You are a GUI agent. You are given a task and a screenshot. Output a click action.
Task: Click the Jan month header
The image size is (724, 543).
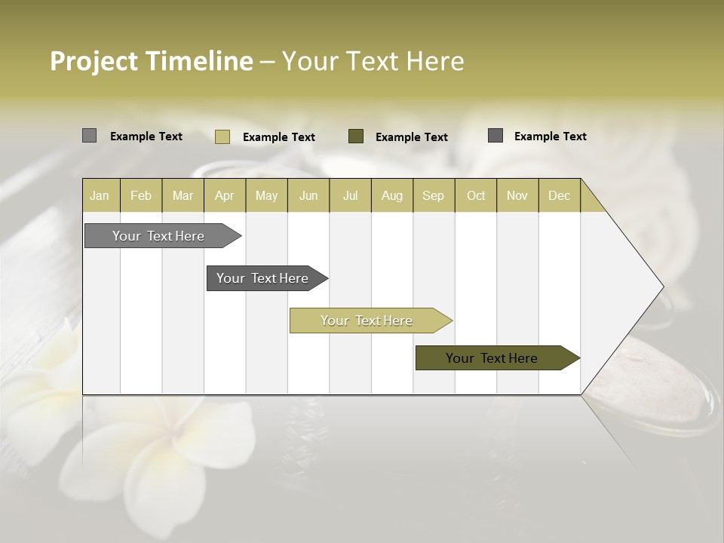tap(100, 195)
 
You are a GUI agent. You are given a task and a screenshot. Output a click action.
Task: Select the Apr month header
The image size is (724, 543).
tap(224, 195)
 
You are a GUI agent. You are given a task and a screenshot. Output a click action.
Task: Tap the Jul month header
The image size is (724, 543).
tap(350, 195)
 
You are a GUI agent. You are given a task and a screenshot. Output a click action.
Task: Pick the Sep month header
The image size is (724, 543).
tap(433, 195)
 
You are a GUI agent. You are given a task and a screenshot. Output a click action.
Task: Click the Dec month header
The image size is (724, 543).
tap(559, 195)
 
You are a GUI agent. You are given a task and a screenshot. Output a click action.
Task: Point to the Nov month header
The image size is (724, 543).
tap(517, 195)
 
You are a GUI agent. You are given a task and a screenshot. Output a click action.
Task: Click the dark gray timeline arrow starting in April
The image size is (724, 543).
tap(264, 278)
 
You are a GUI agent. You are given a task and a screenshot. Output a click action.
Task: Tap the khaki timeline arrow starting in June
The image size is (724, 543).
tap(367, 321)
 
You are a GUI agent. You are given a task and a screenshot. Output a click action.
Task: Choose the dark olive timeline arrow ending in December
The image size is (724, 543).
tap(494, 358)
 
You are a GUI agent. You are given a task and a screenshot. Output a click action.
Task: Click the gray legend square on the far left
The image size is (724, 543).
tap(89, 136)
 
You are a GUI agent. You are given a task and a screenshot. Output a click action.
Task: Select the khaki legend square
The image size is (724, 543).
tap(222, 137)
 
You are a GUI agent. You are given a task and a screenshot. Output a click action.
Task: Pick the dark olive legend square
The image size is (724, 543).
tap(356, 137)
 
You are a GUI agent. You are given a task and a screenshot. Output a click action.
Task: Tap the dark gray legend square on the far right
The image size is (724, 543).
tap(495, 136)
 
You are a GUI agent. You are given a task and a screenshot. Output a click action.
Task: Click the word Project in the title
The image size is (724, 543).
tap(94, 61)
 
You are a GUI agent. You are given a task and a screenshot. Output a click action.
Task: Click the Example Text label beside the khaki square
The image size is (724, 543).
tap(279, 137)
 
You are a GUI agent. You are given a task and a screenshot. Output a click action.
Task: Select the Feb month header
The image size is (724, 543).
tap(141, 195)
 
